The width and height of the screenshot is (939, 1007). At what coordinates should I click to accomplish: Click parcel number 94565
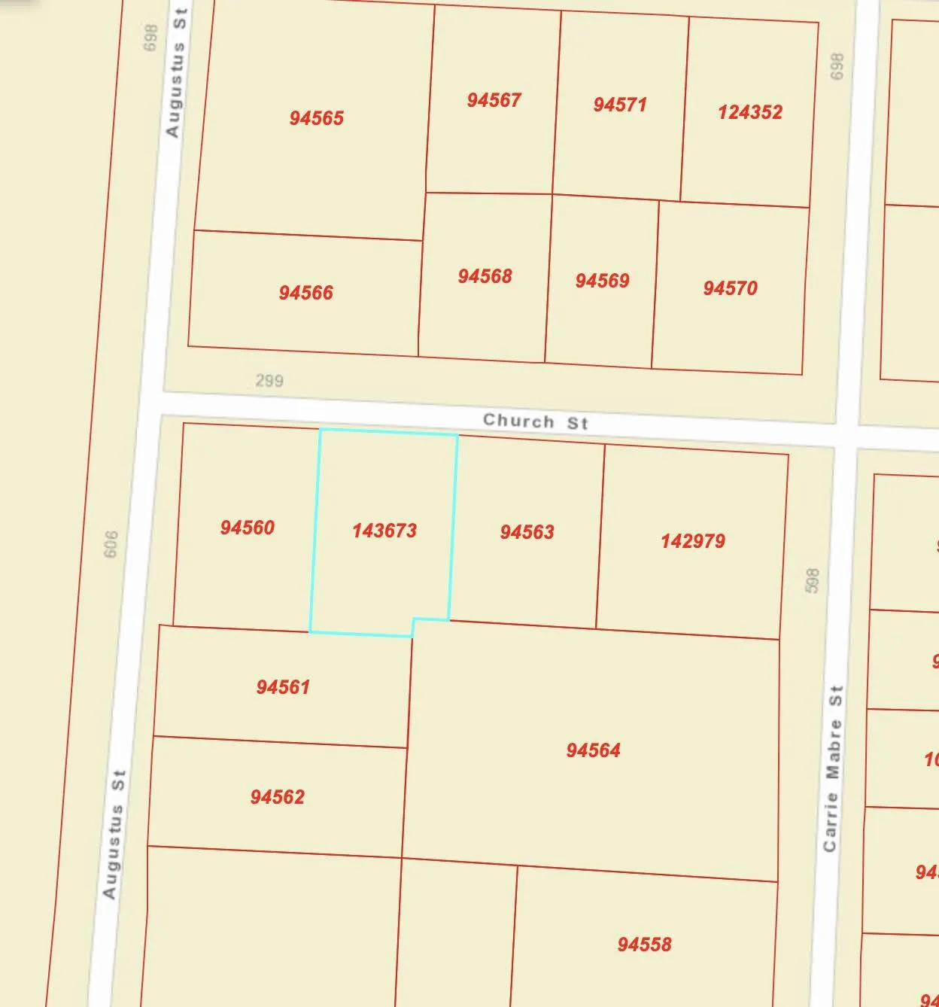[316, 118]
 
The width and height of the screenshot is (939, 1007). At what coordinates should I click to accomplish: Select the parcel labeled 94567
[494, 100]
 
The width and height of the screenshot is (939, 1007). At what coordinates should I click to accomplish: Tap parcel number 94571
[619, 105]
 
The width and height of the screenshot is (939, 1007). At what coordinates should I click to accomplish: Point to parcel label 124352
[749, 112]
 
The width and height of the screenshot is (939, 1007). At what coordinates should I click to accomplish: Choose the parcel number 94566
[305, 293]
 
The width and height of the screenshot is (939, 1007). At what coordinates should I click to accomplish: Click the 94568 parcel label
[485, 276]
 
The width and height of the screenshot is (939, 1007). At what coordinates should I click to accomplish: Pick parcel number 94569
[602, 281]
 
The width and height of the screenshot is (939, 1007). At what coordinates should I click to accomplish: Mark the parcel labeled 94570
[730, 288]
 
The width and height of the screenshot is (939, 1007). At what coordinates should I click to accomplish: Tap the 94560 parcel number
[247, 528]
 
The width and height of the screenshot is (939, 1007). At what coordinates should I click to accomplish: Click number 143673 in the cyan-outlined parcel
[384, 531]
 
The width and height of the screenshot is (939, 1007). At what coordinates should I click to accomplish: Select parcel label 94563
[527, 532]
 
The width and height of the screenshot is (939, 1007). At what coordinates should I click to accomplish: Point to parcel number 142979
[692, 541]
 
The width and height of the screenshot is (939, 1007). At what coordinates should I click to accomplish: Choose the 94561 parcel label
[283, 687]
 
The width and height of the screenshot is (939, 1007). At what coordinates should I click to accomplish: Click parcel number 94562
[277, 797]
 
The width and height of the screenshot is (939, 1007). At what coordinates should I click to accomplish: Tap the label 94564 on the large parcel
[593, 750]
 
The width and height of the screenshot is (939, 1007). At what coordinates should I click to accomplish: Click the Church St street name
[535, 421]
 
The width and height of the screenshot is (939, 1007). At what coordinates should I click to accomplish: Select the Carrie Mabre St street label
[832, 768]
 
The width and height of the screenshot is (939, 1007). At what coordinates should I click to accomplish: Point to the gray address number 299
[269, 380]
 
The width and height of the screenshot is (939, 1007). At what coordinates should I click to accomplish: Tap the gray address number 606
[111, 544]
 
